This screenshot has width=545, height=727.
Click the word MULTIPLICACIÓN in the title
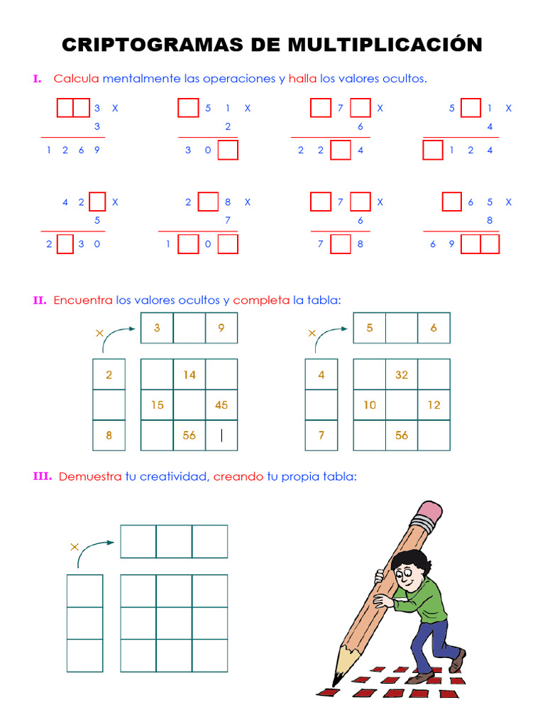[385, 45]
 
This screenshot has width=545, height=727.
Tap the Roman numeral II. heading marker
[40, 300]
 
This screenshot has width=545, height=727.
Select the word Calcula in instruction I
[76, 79]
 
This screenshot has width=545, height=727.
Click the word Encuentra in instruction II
[83, 300]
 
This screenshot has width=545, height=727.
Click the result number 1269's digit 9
[97, 150]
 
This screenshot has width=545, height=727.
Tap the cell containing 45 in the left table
[221, 405]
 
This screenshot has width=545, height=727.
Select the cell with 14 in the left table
[189, 374]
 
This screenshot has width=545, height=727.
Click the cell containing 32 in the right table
[402, 374]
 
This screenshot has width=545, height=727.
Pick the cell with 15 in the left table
[157, 405]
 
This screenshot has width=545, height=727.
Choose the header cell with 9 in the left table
[221, 327]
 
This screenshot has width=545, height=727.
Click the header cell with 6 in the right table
[434, 327]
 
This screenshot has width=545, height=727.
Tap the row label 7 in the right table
[321, 435]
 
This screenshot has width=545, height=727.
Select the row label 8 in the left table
[109, 435]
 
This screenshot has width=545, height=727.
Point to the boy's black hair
[411, 560]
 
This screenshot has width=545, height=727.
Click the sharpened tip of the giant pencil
[336, 682]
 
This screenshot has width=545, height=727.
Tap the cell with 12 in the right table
[434, 405]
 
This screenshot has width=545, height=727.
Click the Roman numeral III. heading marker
[43, 476]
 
